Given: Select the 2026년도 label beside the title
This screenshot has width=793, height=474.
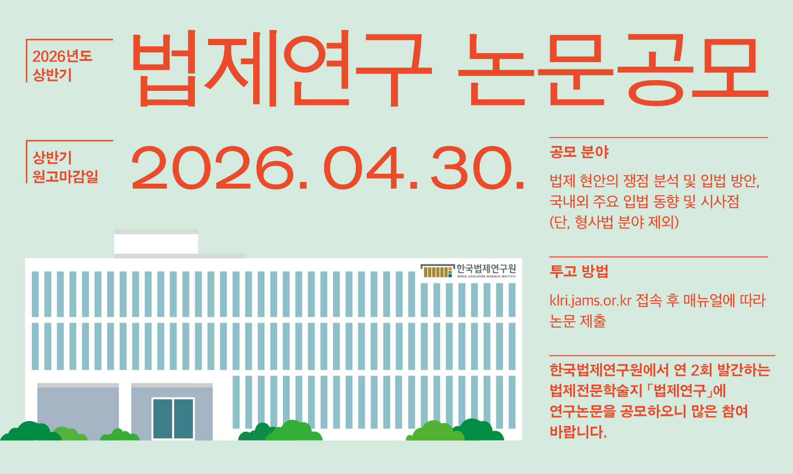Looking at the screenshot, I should [x=62, y=56].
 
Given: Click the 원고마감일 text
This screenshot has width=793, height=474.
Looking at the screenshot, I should [x=65, y=176].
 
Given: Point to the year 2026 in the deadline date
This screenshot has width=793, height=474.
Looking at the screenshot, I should [x=213, y=168].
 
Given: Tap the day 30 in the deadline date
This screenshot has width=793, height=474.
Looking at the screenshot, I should [x=472, y=168].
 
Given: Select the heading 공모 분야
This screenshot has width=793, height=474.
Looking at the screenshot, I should [x=579, y=152].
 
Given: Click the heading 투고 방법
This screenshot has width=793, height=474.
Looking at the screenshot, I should [x=579, y=271].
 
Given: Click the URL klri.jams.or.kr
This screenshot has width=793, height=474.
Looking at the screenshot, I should [x=590, y=300].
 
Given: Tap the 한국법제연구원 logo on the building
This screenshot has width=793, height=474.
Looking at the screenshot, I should [x=468, y=271].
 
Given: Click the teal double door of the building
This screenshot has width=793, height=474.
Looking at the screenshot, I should [x=173, y=418].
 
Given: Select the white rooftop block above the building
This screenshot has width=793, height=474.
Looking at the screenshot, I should [x=156, y=244].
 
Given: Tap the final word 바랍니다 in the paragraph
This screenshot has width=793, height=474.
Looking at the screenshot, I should [x=578, y=432].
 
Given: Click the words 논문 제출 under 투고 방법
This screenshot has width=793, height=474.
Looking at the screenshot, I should [x=577, y=321].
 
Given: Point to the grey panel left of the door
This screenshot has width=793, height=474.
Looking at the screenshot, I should [x=78, y=412].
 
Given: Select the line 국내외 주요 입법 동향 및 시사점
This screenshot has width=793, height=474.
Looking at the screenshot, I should [x=644, y=201].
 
